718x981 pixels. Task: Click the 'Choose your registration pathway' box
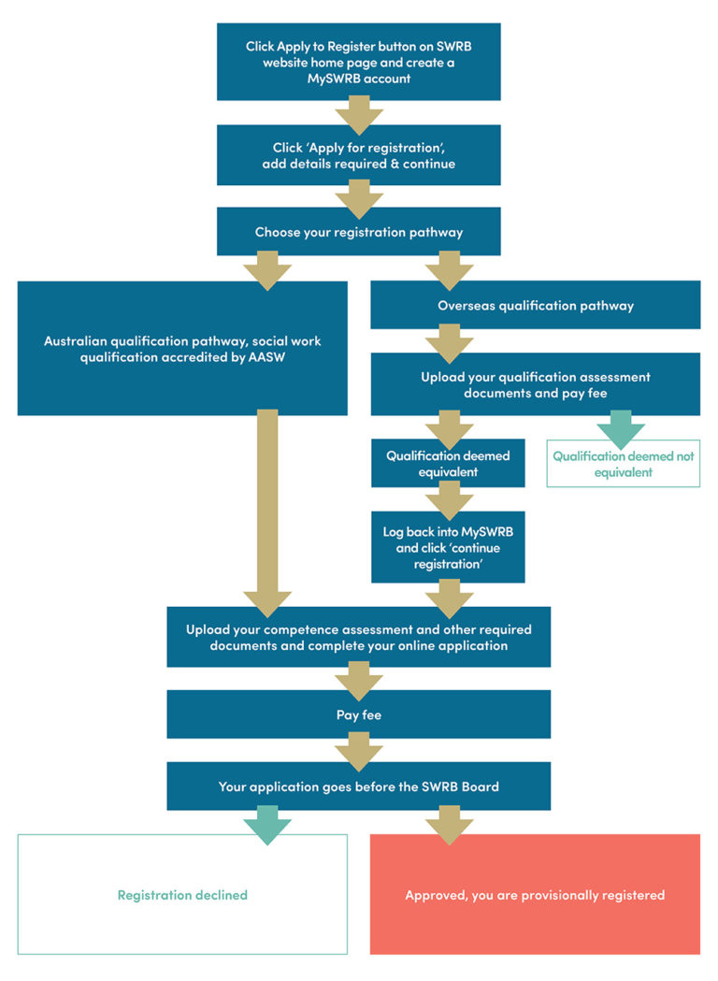point(358,232)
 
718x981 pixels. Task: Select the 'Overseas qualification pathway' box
point(535,306)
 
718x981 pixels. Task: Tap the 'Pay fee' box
point(358,715)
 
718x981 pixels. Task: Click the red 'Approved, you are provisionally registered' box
point(535,895)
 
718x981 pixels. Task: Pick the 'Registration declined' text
point(182,895)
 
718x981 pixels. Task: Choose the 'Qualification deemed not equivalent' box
point(623,464)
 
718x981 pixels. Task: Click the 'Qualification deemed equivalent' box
point(447,464)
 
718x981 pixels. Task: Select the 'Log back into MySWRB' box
point(447,547)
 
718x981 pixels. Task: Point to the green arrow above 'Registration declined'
point(267,825)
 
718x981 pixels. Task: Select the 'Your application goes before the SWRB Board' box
point(358,786)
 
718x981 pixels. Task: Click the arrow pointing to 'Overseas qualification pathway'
point(449,270)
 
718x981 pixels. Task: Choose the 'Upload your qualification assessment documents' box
point(535,384)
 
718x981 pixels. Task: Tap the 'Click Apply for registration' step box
point(358,155)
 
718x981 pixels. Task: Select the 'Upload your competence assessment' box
point(358,637)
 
